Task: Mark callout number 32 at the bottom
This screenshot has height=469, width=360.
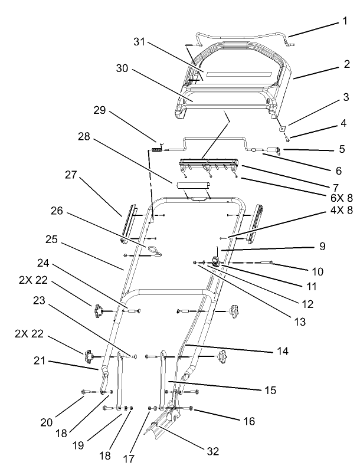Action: (213, 451)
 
